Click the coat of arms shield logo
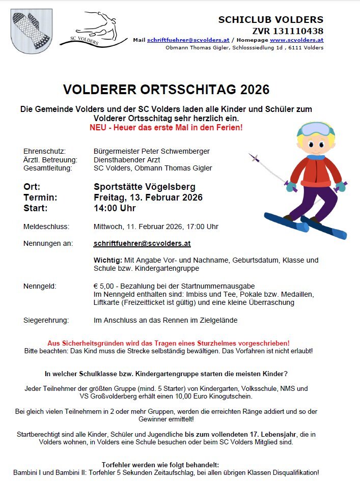tap(31, 29)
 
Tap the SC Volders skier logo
tap(94, 30)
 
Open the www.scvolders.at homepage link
tap(296, 40)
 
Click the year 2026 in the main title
tap(251, 90)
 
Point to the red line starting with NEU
tap(166, 127)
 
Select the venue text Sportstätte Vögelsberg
tap(144, 187)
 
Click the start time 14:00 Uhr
tap(115, 208)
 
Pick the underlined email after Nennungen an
tap(142, 243)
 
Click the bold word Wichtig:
tap(108, 260)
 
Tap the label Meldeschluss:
tap(46, 227)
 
